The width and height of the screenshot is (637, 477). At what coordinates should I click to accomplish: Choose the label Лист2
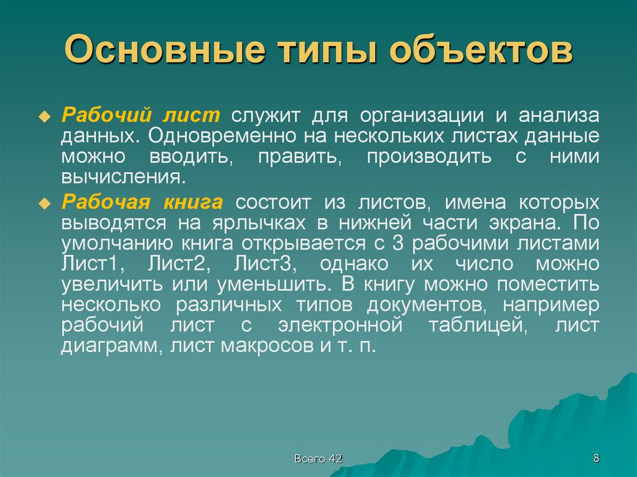177,264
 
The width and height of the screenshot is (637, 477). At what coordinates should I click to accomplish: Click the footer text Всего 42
318,459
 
